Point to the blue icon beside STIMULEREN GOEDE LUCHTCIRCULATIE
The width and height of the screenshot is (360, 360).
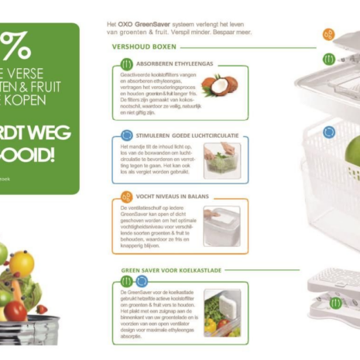coord(126,135)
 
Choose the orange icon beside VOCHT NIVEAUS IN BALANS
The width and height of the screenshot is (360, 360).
coord(126,197)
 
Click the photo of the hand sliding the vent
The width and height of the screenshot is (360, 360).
coord(221,225)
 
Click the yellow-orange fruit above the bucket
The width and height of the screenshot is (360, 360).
coord(21,264)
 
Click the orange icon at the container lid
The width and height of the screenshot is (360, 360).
coord(328,35)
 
